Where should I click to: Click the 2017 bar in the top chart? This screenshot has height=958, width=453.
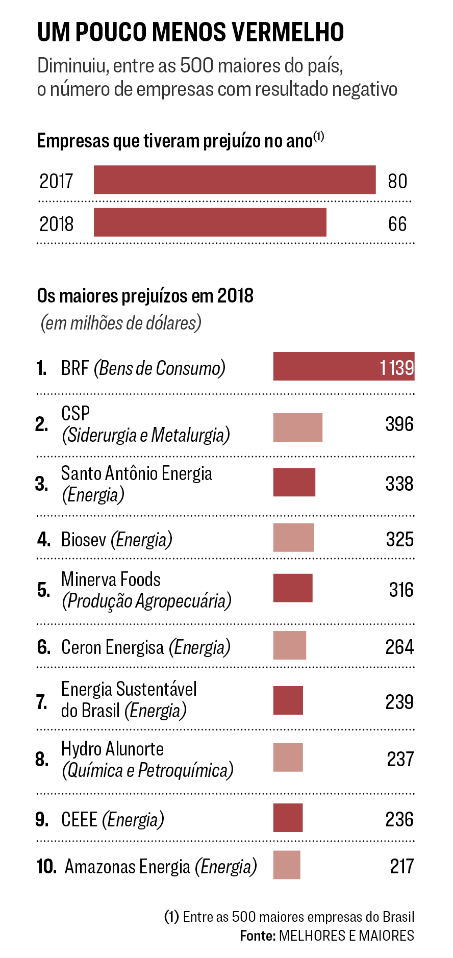click(x=235, y=180)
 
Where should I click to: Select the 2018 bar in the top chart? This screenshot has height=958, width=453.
click(x=210, y=222)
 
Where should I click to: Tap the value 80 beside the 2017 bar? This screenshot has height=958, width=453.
click(x=397, y=181)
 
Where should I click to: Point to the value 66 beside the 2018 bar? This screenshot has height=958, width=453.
click(x=397, y=224)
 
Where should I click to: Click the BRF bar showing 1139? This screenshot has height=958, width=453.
click(x=343, y=366)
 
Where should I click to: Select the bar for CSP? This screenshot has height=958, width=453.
click(x=297, y=427)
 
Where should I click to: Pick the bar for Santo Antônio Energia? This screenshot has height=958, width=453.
click(x=294, y=482)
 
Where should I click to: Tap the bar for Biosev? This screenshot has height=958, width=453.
click(x=293, y=538)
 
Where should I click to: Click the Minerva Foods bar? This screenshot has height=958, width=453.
click(x=292, y=588)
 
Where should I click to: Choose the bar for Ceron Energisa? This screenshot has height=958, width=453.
click(x=289, y=645)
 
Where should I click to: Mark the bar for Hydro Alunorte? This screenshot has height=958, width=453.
click(x=288, y=758)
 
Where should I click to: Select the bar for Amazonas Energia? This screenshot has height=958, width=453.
click(x=286, y=865)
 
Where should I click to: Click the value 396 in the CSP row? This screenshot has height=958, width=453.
click(x=399, y=424)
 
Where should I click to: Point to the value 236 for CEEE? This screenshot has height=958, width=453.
click(x=399, y=819)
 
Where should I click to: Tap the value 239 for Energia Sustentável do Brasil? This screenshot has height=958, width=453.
click(x=399, y=702)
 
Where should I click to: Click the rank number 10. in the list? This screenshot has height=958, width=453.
click(x=46, y=866)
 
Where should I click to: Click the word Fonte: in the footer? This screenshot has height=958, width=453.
click(x=258, y=936)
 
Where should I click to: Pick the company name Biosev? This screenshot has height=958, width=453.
click(x=84, y=539)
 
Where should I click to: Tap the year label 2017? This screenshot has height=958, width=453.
click(x=56, y=181)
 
